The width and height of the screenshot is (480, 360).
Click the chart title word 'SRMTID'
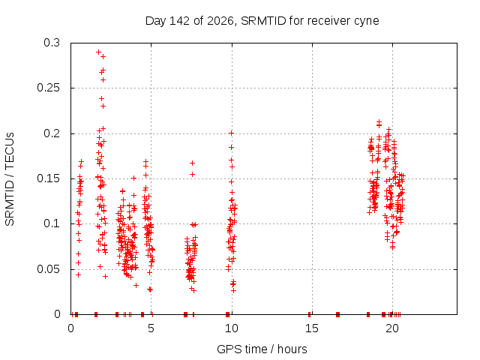pos(263,21)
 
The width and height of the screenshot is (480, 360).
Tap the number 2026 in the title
pos(220,21)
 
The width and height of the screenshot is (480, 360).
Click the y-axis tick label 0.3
pos(52,43)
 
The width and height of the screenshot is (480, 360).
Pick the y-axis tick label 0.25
pos(48,88)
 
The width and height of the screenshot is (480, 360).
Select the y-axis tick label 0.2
pos(52,133)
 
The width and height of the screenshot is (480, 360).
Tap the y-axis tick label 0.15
pos(48,178)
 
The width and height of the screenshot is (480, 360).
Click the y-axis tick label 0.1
pos(52,223)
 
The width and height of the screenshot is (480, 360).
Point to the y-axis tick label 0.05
pos(48,269)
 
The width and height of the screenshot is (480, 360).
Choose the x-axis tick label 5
pos(151,328)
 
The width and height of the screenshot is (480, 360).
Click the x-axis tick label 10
pos(232,328)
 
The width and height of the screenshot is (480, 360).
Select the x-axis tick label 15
pos(312,328)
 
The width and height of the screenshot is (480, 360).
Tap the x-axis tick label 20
pos(392,328)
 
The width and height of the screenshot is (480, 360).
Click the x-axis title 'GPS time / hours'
pos(262,349)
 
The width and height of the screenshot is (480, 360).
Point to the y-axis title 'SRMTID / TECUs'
pos(10,179)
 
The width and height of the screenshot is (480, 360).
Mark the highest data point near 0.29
pos(98,52)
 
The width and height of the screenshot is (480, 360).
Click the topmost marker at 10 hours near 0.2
pos(232,133)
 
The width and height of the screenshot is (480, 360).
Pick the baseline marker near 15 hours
pos(310,314)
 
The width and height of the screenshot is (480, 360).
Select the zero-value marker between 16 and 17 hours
pos(337,314)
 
